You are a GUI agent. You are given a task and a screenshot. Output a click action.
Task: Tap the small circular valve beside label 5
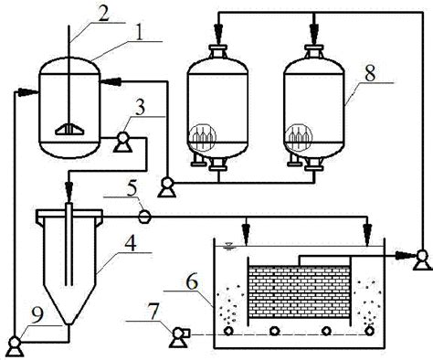143,217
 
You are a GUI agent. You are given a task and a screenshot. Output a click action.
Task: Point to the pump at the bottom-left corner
15,343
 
